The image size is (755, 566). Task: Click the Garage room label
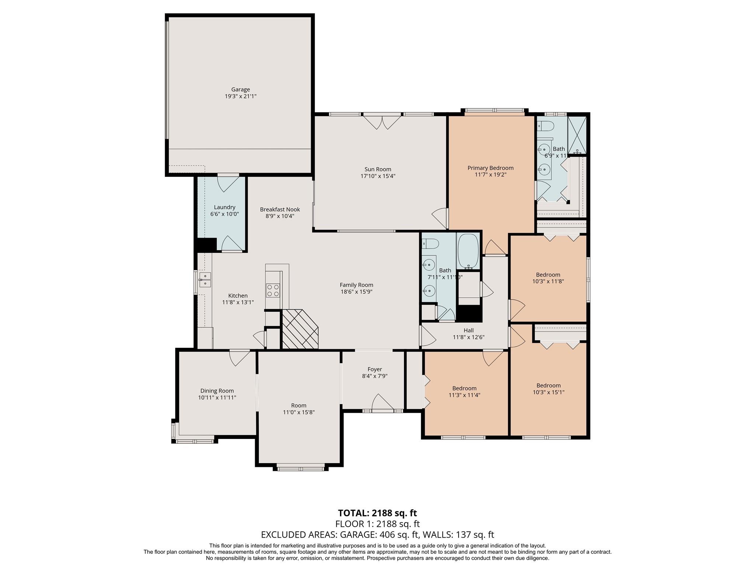point(240,90)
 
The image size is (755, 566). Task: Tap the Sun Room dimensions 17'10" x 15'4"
point(378,176)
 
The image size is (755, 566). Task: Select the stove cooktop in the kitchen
point(273,290)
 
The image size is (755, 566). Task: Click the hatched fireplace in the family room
point(300,329)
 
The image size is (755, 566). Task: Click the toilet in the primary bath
point(546,126)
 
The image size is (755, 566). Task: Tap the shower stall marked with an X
point(577,135)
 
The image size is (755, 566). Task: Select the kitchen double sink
point(205,279)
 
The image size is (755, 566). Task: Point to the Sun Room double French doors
point(382,122)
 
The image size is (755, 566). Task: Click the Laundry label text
point(225,207)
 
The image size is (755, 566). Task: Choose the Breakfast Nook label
point(280,209)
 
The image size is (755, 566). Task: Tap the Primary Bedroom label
point(490,168)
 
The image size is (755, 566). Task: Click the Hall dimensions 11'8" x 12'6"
point(468,337)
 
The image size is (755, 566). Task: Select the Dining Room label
point(217,391)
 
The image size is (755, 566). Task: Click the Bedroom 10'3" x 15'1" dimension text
point(548,392)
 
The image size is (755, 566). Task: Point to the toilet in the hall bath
point(431,244)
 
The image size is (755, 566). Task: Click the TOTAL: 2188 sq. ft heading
point(377,513)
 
